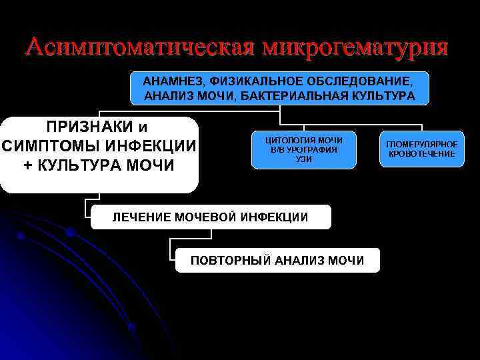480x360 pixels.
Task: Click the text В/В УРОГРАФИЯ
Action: click(304, 150)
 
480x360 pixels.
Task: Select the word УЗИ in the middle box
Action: click(304, 159)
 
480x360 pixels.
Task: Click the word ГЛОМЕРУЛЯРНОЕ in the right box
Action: click(421, 145)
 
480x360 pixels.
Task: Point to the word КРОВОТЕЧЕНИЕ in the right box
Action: click(421, 154)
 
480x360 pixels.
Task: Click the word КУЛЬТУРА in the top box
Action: click(384, 97)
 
